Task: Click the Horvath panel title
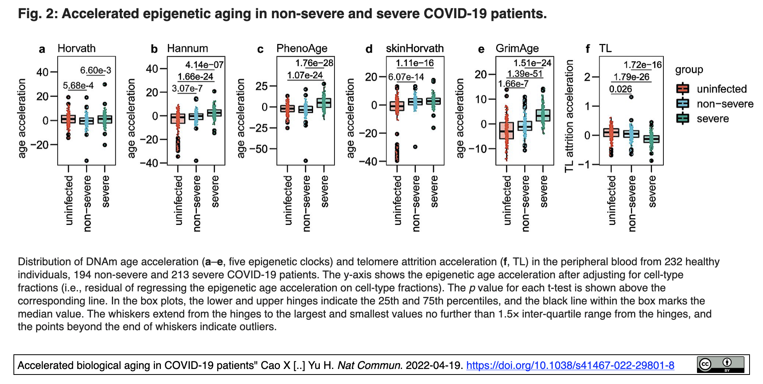click(x=77, y=48)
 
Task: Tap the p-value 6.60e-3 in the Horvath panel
click(x=96, y=70)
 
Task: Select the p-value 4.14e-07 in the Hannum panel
click(x=204, y=65)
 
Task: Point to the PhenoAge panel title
click(x=302, y=48)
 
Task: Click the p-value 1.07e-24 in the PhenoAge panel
click(x=305, y=75)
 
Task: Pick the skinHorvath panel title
click(x=415, y=48)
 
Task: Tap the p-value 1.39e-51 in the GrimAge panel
click(x=525, y=74)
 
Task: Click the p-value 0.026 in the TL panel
click(x=620, y=89)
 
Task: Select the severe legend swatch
click(x=683, y=118)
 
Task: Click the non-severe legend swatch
click(x=683, y=104)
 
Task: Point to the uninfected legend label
click(x=721, y=89)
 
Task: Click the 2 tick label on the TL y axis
click(x=587, y=77)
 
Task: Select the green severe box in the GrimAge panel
click(x=543, y=115)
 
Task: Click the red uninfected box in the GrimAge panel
click(x=506, y=130)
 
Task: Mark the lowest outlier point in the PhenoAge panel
click(x=306, y=161)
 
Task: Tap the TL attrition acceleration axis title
click(x=569, y=116)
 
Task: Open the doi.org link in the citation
click(x=570, y=365)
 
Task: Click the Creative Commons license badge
click(x=720, y=365)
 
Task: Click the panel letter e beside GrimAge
click(x=481, y=49)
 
